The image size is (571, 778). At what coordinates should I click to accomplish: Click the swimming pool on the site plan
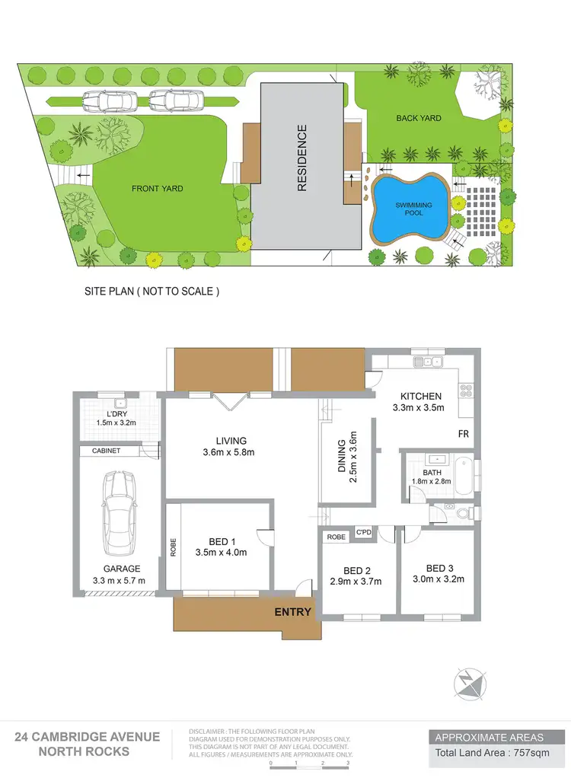pos(407,208)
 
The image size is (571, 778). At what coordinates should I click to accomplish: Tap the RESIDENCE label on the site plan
pos(301,158)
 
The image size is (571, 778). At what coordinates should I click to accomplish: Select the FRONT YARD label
pos(158,189)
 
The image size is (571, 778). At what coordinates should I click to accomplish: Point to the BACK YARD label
pos(419,118)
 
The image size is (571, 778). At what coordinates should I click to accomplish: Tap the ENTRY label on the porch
pos(292,612)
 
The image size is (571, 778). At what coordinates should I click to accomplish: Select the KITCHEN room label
pos(421,396)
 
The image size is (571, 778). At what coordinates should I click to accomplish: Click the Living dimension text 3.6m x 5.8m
pos(231,453)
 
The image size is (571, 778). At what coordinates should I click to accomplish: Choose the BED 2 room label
pos(357,570)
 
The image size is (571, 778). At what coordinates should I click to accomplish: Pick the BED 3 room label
pos(440,568)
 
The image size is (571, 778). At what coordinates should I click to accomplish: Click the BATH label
pos(423,472)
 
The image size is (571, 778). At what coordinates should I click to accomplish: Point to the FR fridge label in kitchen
pos(463,433)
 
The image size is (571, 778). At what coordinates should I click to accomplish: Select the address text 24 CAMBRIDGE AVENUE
pos(88,737)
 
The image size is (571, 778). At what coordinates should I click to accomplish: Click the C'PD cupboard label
pos(363,531)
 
